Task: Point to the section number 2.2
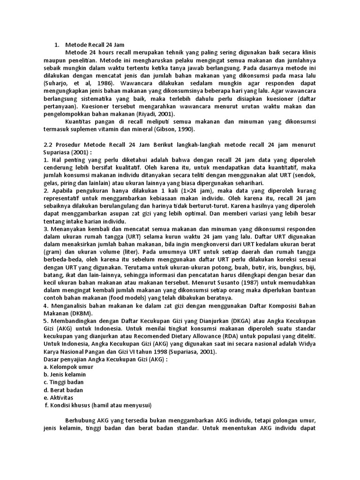pos(47,144)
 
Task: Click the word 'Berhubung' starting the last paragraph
pos(81,421)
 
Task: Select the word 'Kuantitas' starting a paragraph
pos(81,121)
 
